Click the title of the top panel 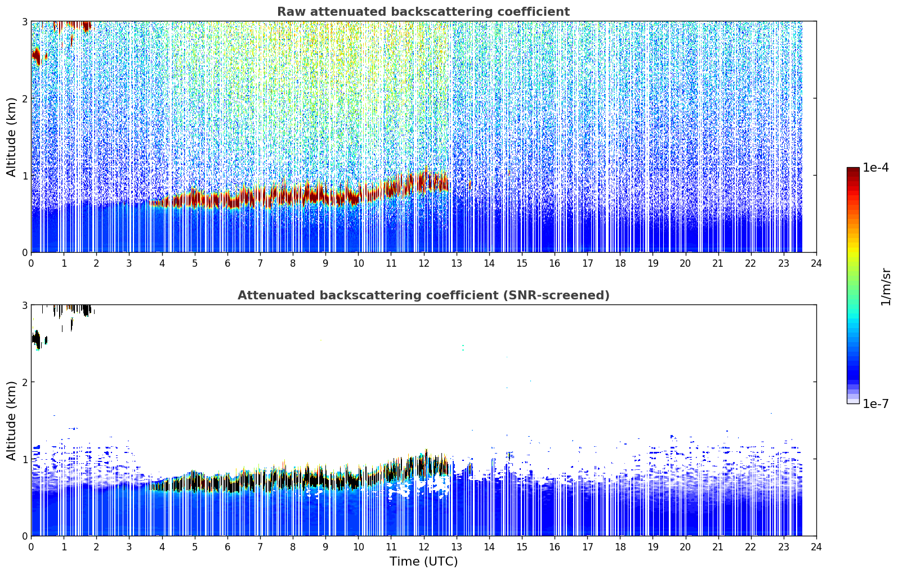(423, 12)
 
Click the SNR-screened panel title (423, 295)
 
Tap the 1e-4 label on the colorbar (875, 168)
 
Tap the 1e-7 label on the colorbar (875, 403)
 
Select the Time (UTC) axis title (423, 561)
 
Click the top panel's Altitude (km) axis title (11, 137)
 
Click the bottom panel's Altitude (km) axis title (11, 420)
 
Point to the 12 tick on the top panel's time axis (424, 263)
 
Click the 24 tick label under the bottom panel (816, 547)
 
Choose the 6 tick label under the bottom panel (227, 547)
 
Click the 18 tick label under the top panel (620, 263)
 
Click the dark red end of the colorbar (853, 172)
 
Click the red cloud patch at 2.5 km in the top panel (37, 56)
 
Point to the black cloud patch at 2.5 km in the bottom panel (37, 340)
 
